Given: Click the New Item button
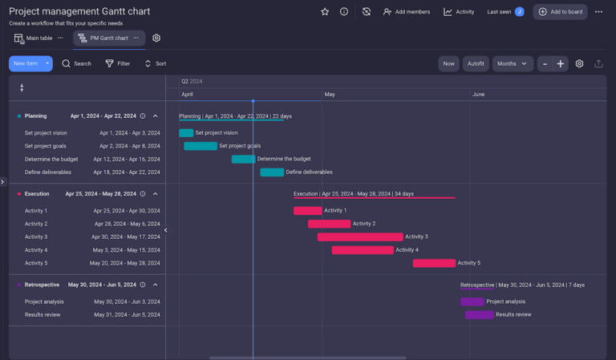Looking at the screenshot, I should pyautogui.click(x=26, y=63).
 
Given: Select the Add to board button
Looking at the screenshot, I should pyautogui.click(x=560, y=12).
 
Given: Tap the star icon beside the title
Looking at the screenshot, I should pyautogui.click(x=325, y=12).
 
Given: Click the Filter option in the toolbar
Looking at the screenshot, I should pyautogui.click(x=117, y=63).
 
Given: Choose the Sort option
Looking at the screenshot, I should pyautogui.click(x=155, y=63).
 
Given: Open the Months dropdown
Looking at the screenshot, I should pyautogui.click(x=512, y=63).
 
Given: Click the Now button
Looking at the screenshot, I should pyautogui.click(x=448, y=63).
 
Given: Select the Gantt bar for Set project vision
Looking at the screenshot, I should pyautogui.click(x=186, y=133).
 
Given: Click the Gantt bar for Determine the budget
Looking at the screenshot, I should pyautogui.click(x=244, y=159).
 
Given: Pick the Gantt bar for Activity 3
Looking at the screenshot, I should pyautogui.click(x=360, y=237).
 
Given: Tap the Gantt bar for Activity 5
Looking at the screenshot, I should pyautogui.click(x=434, y=263).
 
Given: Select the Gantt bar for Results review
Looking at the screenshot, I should pyautogui.click(x=479, y=314).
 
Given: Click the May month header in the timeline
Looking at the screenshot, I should pyautogui.click(x=330, y=95).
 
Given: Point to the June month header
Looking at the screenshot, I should pyautogui.click(x=478, y=95).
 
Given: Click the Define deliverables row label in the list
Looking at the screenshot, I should pyautogui.click(x=48, y=172).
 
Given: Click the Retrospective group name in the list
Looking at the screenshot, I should pyautogui.click(x=42, y=285).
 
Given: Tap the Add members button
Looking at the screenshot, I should pyautogui.click(x=406, y=12).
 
